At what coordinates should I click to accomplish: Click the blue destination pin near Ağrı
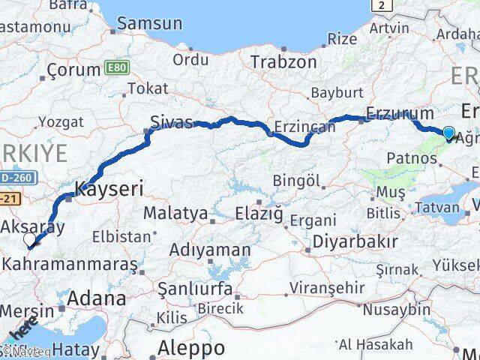tap(448, 133)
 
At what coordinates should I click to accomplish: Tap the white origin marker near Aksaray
tap(30, 240)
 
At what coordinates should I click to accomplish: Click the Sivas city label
tap(171, 122)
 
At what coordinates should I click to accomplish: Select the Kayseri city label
tap(109, 188)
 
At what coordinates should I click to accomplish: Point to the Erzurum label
tap(400, 114)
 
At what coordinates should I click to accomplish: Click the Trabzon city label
tap(283, 61)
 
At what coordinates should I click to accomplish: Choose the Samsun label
tap(150, 23)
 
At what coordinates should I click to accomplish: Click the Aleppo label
tap(191, 348)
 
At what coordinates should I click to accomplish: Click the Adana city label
tap(97, 298)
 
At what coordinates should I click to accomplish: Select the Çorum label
tap(73, 70)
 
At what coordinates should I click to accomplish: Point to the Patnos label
tap(412, 159)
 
